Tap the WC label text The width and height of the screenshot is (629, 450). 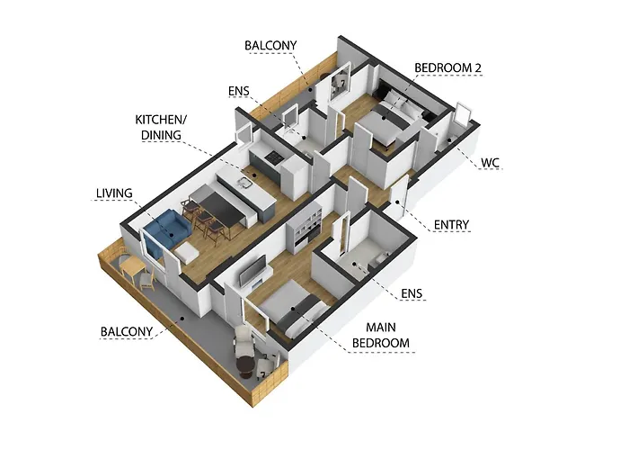490,163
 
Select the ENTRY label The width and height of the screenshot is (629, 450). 451,224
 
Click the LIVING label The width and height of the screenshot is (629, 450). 114,193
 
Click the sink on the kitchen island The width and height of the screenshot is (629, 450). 243,183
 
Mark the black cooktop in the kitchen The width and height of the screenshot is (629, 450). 267,159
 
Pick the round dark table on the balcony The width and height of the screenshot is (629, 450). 244,364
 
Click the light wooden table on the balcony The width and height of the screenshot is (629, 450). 132,266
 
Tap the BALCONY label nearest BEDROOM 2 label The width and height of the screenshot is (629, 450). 270,45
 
